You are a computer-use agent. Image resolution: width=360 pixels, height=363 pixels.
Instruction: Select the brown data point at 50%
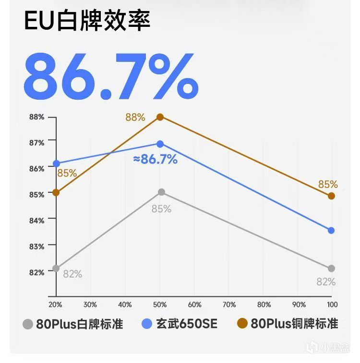160,117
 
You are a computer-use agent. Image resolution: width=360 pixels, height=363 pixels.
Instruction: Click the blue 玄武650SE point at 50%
160,144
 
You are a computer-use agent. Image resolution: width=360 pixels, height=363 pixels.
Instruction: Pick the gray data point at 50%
161,192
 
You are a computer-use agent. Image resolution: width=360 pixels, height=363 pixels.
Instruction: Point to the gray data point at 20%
56,268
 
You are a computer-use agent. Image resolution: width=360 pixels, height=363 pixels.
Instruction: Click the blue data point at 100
331,230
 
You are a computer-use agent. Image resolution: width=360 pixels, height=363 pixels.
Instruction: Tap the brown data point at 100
331,196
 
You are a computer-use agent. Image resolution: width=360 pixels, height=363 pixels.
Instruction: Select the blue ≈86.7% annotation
155,160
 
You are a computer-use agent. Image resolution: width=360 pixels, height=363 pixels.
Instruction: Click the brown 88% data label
135,117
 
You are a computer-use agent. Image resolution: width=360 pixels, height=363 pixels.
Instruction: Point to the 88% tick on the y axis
36,117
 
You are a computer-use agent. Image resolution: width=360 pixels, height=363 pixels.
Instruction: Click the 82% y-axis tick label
36,272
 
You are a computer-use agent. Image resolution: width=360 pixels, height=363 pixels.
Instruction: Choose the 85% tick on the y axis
36,194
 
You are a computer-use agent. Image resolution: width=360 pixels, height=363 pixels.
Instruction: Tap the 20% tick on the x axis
55,304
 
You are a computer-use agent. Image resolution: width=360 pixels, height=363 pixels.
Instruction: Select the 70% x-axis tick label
229,304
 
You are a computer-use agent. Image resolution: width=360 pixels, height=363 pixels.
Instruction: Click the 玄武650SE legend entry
180,324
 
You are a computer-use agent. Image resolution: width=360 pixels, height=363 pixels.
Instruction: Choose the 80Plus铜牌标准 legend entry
288,324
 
